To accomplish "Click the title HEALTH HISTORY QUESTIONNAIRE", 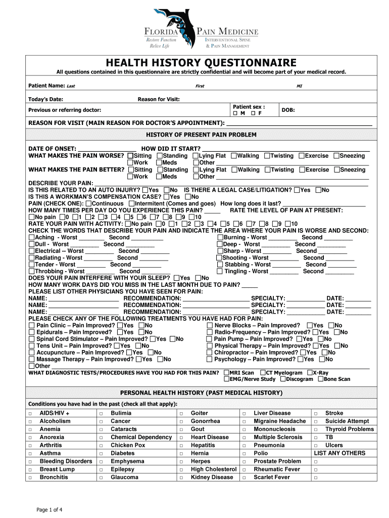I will (x=201, y=63).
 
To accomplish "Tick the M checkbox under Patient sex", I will (x=235, y=113).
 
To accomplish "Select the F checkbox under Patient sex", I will (x=254, y=113).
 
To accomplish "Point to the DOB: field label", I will (x=288, y=110).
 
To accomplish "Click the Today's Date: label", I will (x=45, y=99).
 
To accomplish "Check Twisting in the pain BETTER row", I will (x=267, y=170).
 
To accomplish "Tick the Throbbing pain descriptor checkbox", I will (x=32, y=271).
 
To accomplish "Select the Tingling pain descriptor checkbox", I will (x=220, y=271).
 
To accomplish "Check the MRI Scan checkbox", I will (x=226, y=373).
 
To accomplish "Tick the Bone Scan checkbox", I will (x=320, y=379).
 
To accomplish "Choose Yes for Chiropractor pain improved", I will (x=303, y=353).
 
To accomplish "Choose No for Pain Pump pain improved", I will (x=320, y=339).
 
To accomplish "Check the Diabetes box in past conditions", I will (x=101, y=453).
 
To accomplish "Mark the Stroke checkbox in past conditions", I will (x=316, y=413).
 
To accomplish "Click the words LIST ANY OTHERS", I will (x=339, y=453).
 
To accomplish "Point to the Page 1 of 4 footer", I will (x=49, y=509).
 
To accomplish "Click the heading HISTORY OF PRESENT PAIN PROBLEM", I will (x=201, y=135).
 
